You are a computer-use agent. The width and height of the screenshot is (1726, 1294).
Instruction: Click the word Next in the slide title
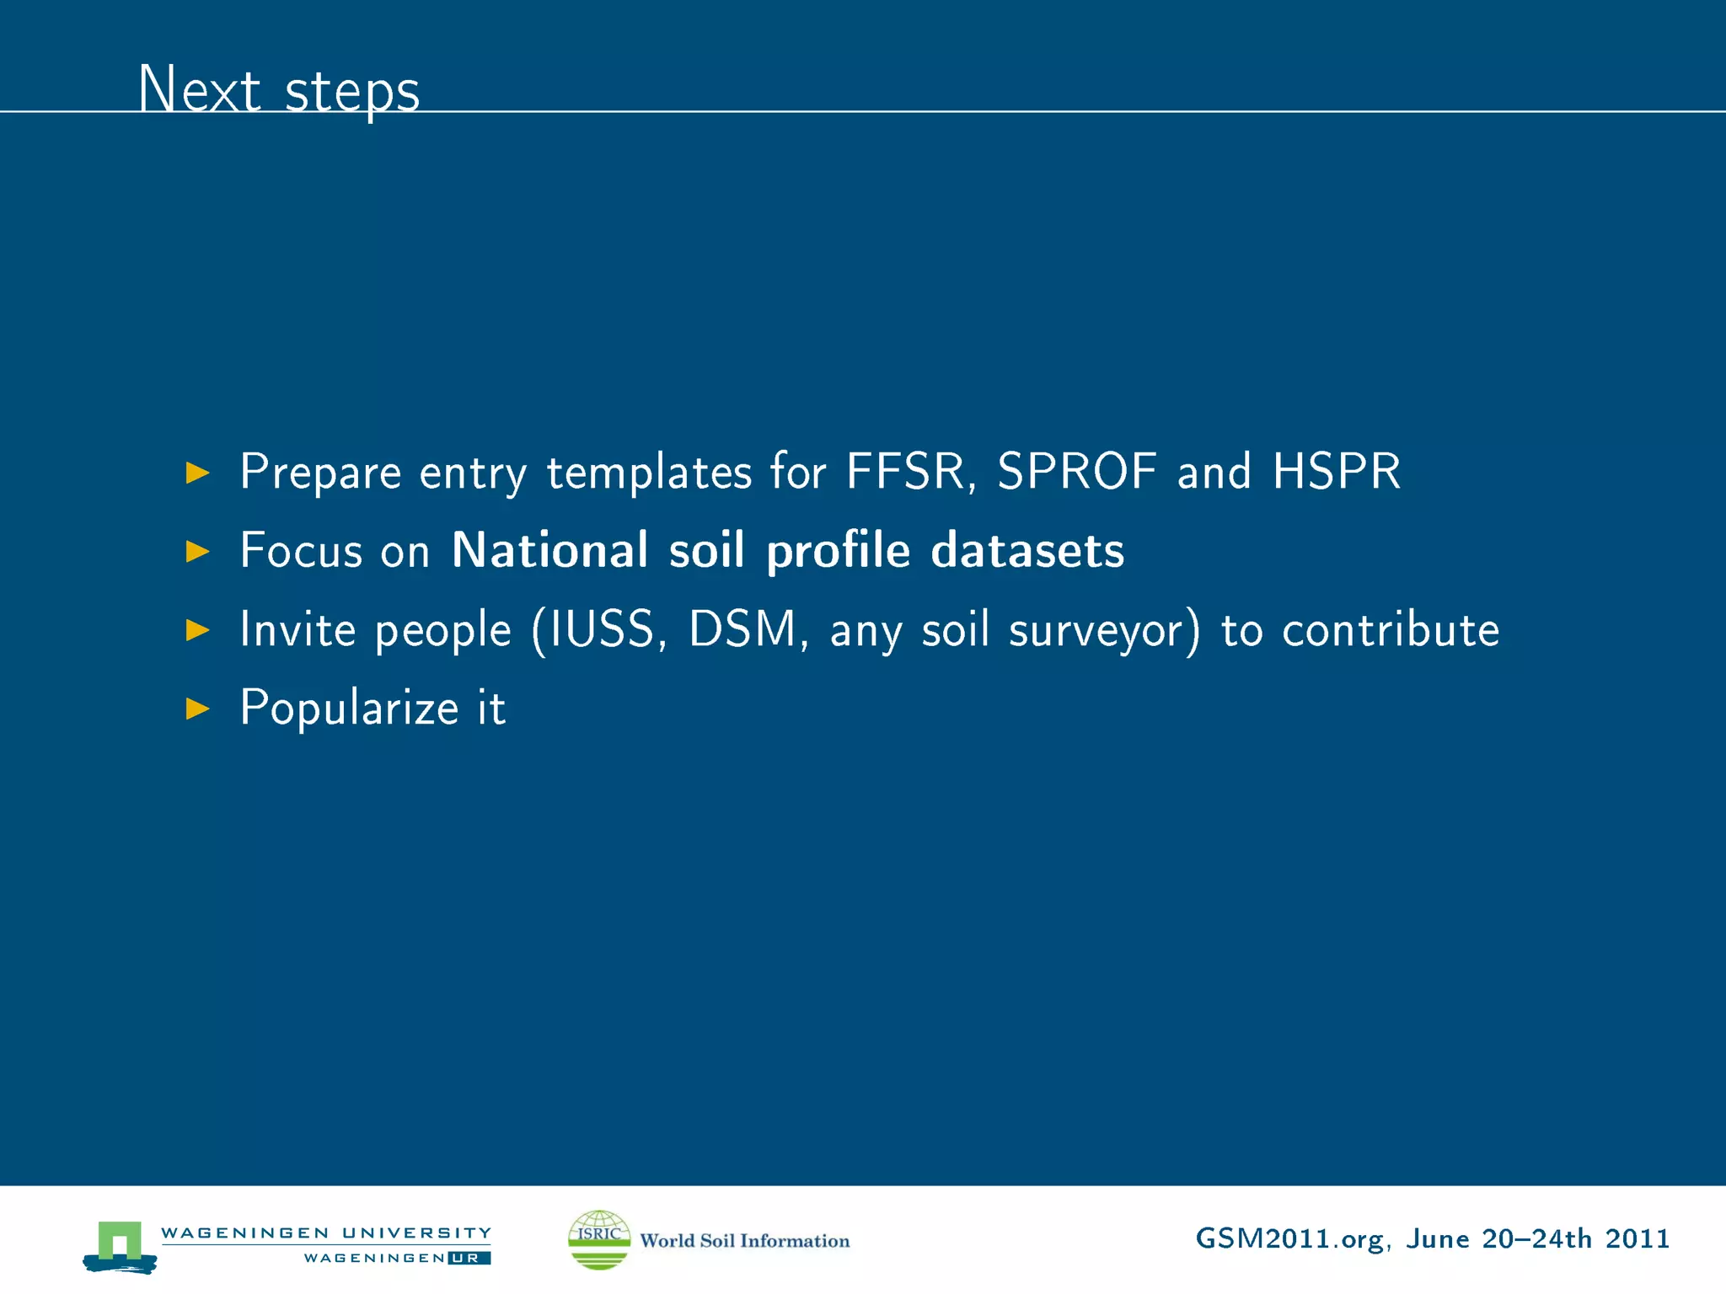tap(199, 89)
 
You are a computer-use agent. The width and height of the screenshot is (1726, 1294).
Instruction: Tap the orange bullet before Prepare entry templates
tap(197, 473)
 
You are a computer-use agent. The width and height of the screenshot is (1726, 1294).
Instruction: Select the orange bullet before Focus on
tap(197, 552)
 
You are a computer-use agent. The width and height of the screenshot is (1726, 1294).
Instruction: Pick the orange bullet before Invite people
tap(197, 630)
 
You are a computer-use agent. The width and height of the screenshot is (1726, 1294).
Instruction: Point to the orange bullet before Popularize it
tap(197, 708)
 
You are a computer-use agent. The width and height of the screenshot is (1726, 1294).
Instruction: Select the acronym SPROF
tap(1076, 472)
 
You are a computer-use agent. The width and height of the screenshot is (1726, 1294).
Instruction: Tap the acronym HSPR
tap(1336, 472)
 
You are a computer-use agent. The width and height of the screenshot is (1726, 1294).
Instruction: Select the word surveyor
tap(1103, 631)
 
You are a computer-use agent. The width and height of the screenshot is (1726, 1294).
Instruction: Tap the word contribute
tap(1391, 629)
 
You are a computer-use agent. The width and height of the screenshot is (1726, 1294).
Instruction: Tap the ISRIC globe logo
tap(599, 1239)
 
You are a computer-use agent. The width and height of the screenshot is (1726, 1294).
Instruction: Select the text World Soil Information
tap(744, 1241)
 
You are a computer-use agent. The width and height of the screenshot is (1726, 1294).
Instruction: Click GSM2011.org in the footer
tap(1289, 1239)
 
